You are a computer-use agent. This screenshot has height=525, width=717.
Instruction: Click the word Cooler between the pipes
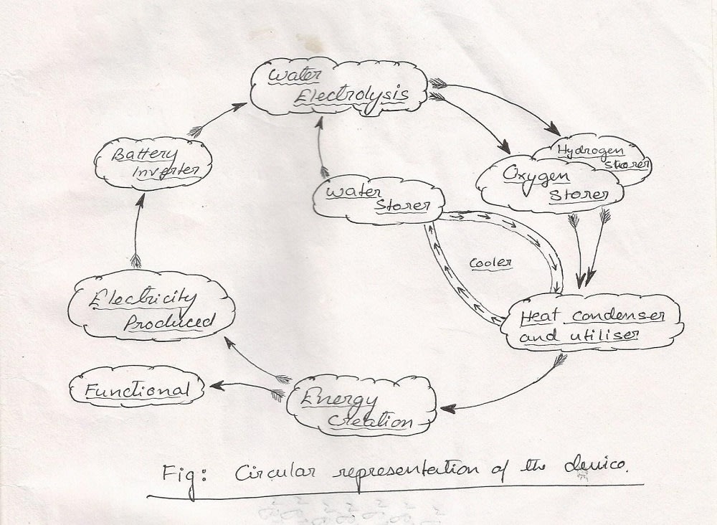[x=490, y=263]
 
